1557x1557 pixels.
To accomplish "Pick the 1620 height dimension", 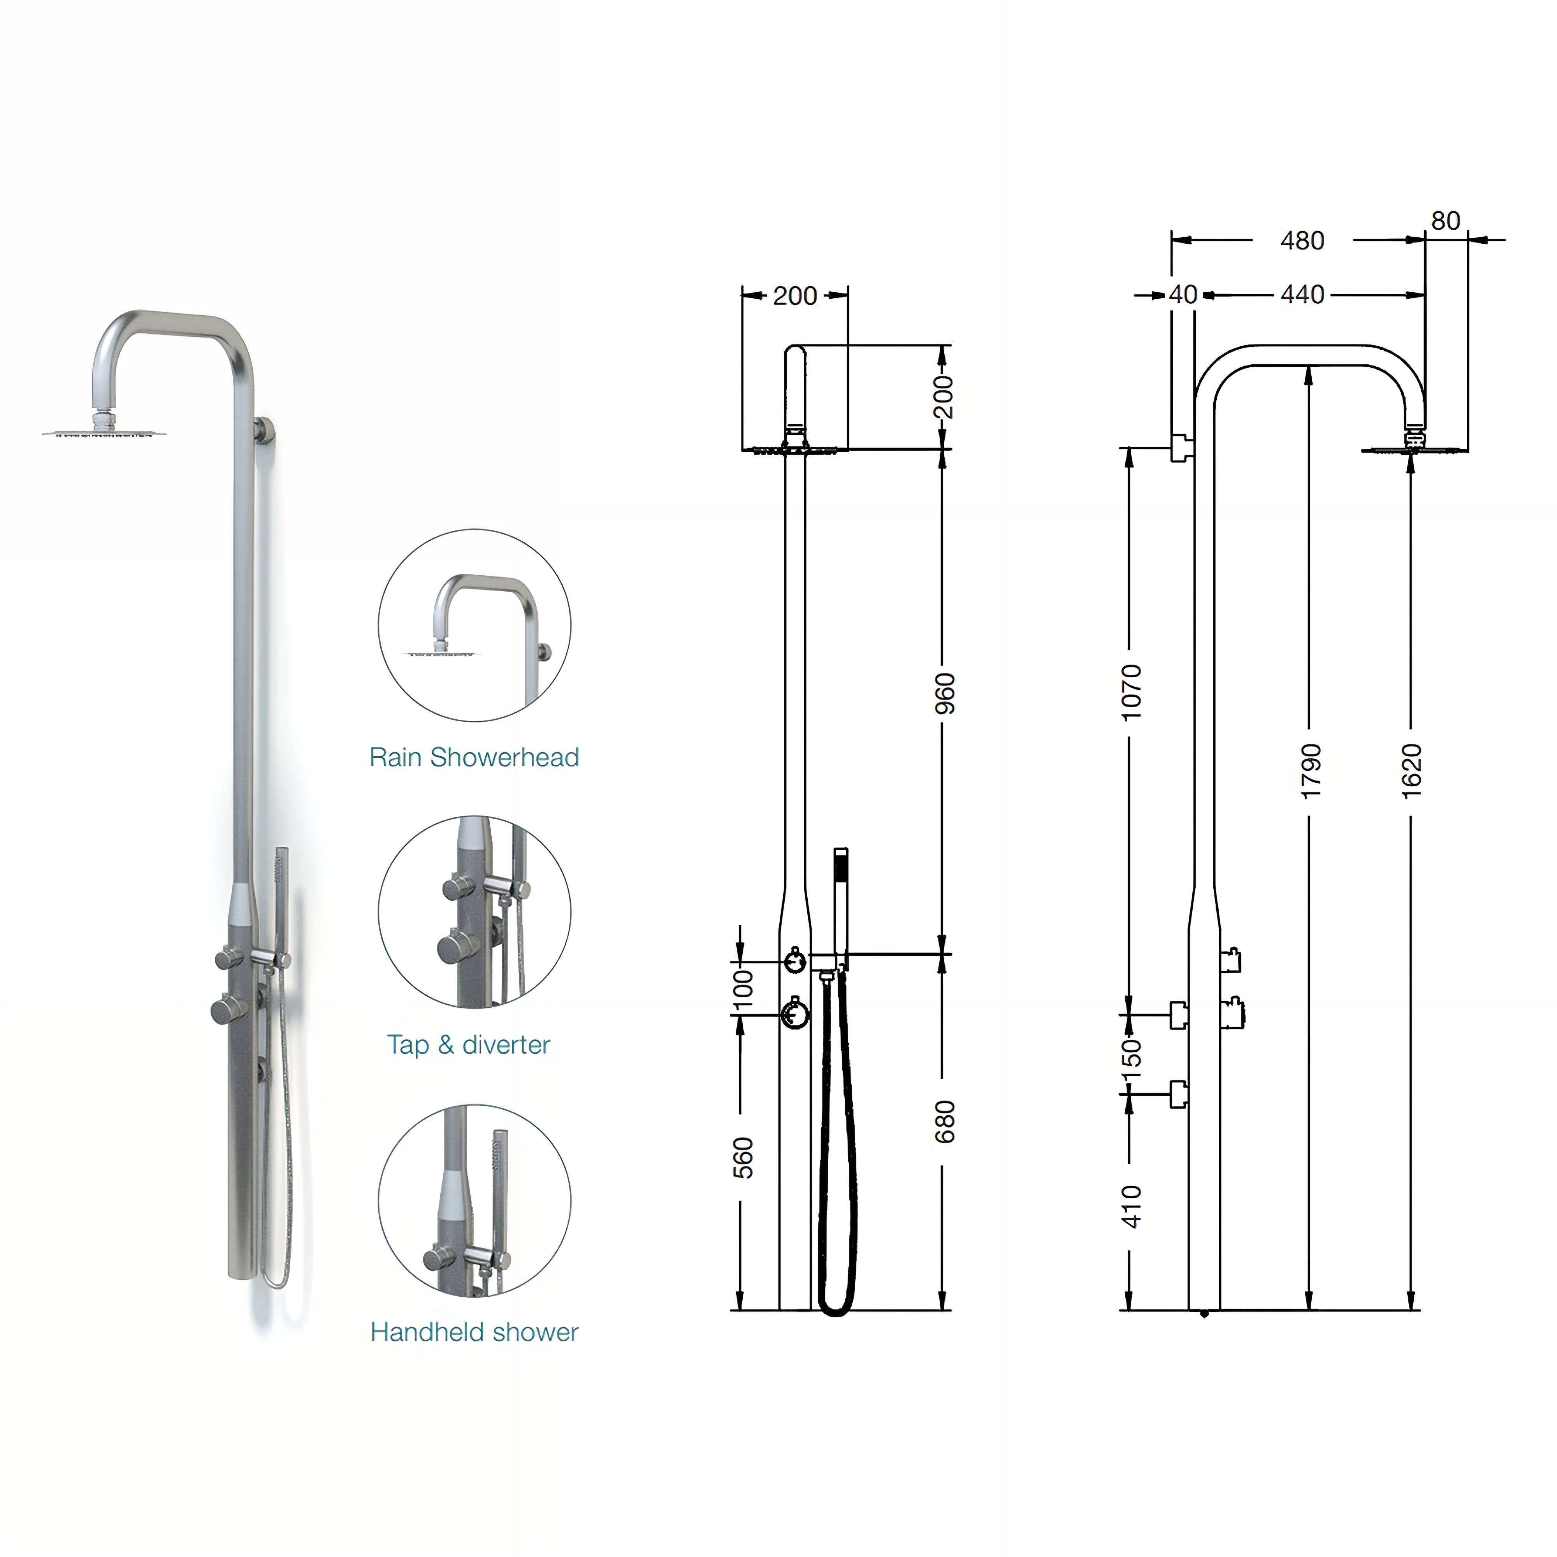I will tap(1411, 771).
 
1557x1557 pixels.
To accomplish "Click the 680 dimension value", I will tap(944, 1122).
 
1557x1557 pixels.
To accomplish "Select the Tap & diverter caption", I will tap(468, 1044).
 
